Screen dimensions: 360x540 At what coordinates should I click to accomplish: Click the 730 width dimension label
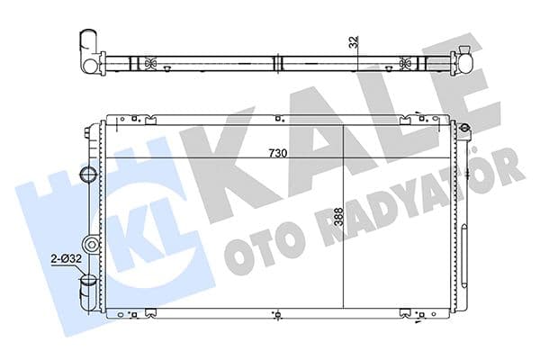[276, 153]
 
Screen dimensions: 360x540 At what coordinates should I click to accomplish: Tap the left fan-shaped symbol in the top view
[148, 64]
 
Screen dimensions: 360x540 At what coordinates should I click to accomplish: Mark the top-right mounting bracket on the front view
[421, 118]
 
